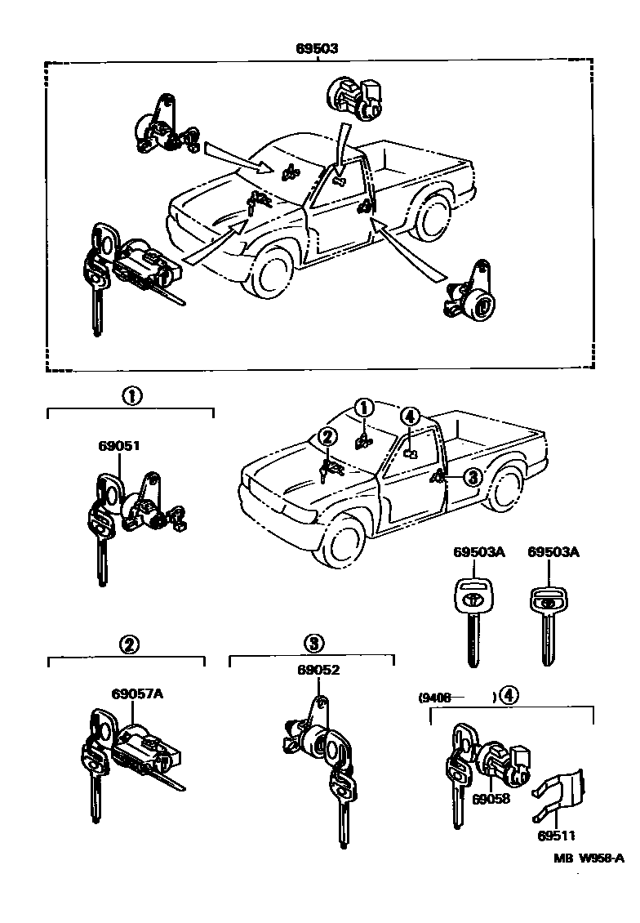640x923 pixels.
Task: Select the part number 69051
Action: click(x=119, y=446)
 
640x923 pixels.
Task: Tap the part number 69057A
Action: click(x=137, y=694)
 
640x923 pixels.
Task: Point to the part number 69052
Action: click(x=318, y=671)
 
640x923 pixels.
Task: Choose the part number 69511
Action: click(x=557, y=836)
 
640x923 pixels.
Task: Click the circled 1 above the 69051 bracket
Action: click(x=131, y=396)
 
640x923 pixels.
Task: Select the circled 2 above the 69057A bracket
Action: click(x=128, y=644)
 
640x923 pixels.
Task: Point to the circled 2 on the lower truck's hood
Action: click(x=327, y=438)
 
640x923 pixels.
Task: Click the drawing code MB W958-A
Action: click(x=589, y=858)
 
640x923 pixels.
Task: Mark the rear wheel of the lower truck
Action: click(x=508, y=488)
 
